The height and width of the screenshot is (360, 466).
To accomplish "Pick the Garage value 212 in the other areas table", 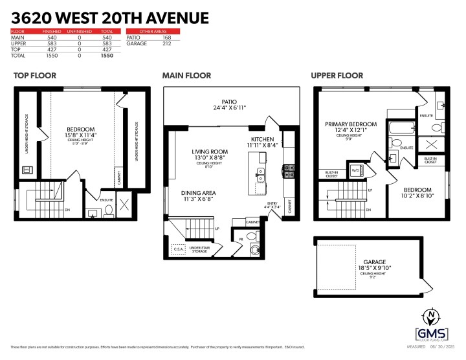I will point(168,44).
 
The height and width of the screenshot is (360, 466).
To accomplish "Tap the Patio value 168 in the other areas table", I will point(168,38).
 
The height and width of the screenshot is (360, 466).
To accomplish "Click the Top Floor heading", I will point(34,76).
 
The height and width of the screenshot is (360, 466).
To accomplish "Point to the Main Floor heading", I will point(186,76).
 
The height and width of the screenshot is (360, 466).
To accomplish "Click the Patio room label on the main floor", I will point(228,102).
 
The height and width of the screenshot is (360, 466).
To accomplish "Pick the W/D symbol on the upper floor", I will point(355,171).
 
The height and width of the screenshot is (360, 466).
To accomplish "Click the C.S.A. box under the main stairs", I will point(179,249).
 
